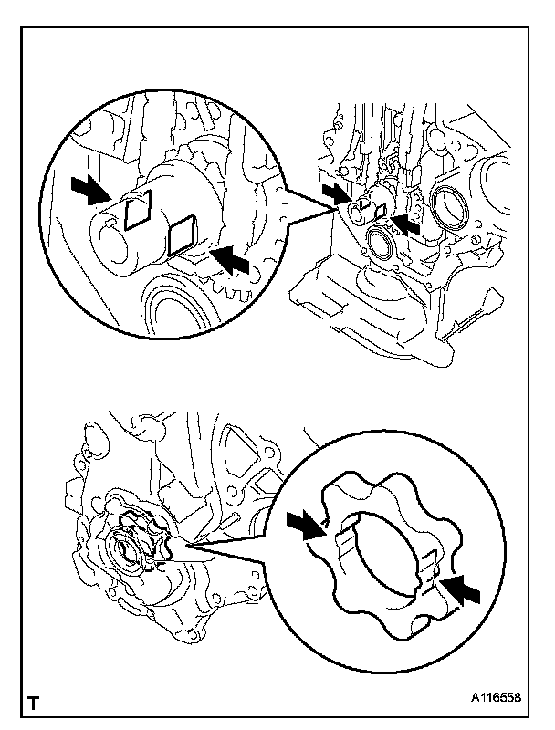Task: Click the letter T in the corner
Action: (x=34, y=704)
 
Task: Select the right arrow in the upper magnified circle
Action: (x=232, y=261)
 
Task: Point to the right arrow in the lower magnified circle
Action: (x=463, y=589)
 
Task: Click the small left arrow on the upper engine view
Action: (x=335, y=193)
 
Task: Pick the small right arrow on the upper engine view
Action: (x=406, y=224)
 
